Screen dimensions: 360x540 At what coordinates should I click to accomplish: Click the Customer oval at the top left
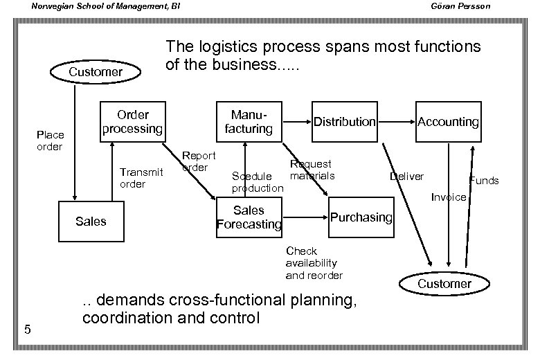[x=96, y=72]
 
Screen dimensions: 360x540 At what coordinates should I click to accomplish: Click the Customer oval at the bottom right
[x=444, y=284]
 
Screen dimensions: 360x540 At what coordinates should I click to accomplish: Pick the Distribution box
[x=344, y=122]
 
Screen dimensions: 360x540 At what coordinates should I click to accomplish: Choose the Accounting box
[x=448, y=122]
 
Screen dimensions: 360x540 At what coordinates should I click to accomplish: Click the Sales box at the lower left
[x=91, y=221]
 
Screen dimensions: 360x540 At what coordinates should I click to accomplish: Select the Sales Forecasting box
[x=249, y=217]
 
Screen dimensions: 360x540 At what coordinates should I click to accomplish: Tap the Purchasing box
[x=361, y=217]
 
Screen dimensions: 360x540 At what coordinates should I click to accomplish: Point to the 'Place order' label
[x=50, y=141]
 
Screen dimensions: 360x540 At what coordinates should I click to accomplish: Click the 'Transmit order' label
[x=141, y=178]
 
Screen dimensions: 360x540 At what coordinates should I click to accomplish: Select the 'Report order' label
[x=198, y=161]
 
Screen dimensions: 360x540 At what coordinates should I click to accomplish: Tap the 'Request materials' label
[x=312, y=170]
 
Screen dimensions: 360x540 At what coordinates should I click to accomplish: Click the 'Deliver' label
[x=406, y=177]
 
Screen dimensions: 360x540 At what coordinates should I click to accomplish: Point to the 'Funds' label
[x=484, y=181]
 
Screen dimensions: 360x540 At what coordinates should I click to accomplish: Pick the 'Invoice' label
[x=448, y=197]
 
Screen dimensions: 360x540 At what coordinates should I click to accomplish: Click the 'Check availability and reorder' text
[x=314, y=263]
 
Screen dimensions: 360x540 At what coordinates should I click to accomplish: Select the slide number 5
[x=26, y=329]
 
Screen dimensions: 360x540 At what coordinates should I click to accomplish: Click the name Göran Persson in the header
[x=485, y=7]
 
